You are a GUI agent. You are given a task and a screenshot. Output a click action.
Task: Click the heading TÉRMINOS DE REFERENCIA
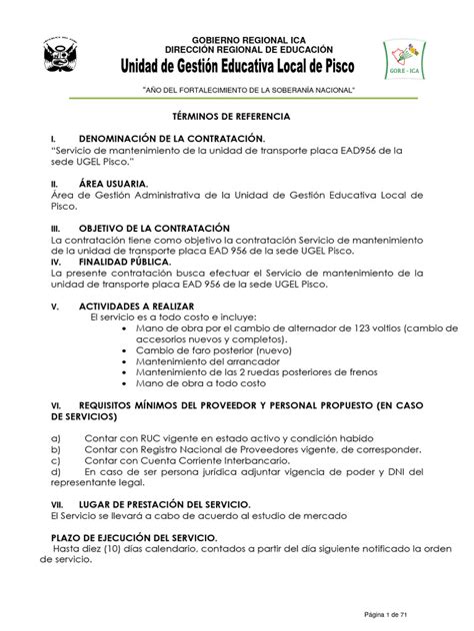coord(237,117)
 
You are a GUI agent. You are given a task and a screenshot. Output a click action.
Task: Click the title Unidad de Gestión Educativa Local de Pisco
coord(236,66)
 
